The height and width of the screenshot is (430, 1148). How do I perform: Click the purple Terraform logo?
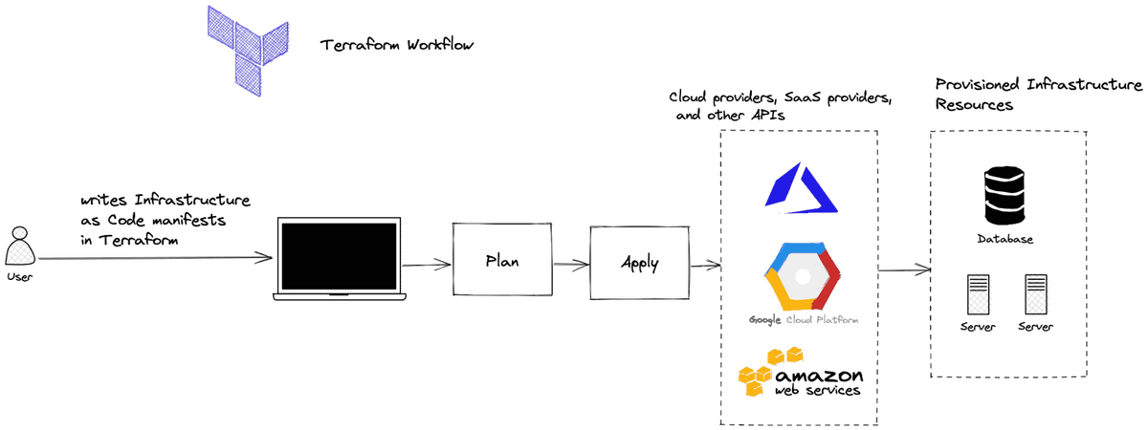[x=248, y=45]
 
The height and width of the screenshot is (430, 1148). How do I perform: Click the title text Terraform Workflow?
[x=397, y=45]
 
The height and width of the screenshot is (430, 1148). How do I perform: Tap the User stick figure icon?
[x=19, y=247]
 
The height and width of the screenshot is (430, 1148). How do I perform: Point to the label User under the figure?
[x=19, y=277]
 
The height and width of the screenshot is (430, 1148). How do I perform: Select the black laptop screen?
[x=339, y=256]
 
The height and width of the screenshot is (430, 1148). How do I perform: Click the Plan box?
[x=502, y=260]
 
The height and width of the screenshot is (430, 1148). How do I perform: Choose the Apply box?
[x=639, y=261]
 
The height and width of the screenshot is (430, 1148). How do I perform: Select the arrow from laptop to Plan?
[x=427, y=265]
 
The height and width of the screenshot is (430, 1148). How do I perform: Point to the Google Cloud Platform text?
[x=802, y=320]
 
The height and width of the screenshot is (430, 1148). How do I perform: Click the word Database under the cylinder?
[x=1004, y=239]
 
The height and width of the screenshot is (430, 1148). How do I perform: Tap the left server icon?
[x=977, y=295]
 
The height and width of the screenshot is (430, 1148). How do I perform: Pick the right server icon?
[x=1036, y=295]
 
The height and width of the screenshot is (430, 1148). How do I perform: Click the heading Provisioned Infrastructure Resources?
[x=1038, y=95]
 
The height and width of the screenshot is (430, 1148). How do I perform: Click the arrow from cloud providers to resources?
[x=904, y=271]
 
